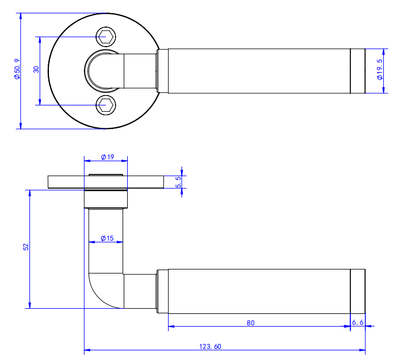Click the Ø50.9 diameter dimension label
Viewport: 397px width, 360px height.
pyautogui.click(x=17, y=69)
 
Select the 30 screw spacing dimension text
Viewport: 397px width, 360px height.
pyautogui.click(x=36, y=69)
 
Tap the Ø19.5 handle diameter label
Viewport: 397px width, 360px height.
pyautogui.click(x=380, y=70)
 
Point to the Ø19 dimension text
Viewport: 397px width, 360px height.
pyautogui.click(x=108, y=157)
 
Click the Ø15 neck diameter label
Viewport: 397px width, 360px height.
pyautogui.click(x=107, y=238)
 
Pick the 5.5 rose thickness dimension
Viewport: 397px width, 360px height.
pyautogui.click(x=178, y=182)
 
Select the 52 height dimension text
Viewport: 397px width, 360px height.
pyautogui.click(x=26, y=247)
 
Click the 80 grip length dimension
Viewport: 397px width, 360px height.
pyautogui.click(x=250, y=323)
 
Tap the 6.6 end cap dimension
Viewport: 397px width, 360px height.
pyautogui.click(x=358, y=322)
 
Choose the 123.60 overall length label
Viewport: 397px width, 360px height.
pyautogui.click(x=210, y=346)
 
